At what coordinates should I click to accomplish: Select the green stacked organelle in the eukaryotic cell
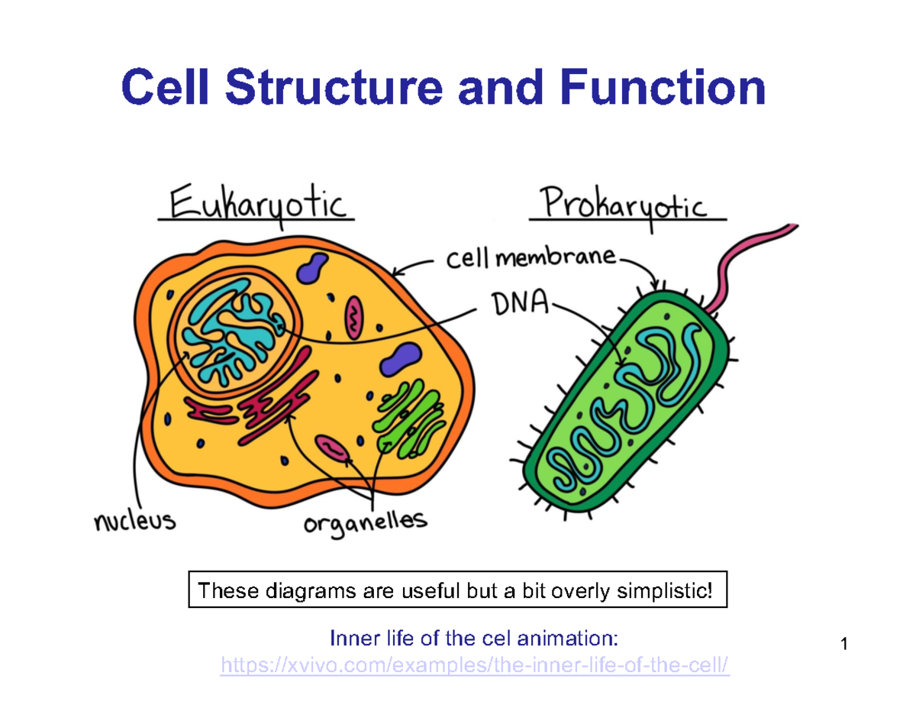pyautogui.click(x=408, y=416)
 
